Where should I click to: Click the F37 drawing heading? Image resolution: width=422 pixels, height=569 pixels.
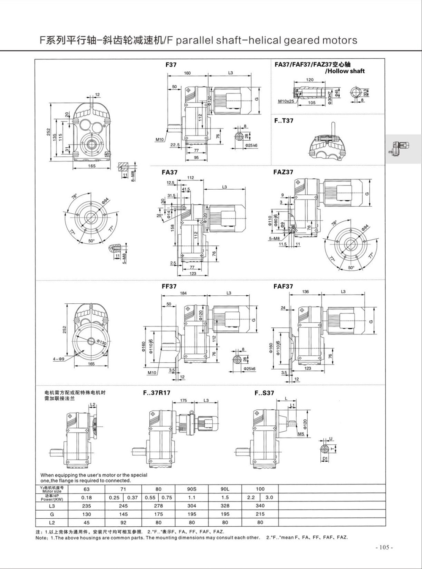pyautogui.click(x=170, y=65)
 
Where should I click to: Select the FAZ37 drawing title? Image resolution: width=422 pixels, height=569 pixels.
pyautogui.click(x=283, y=172)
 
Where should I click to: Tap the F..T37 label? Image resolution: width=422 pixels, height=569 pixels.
pyautogui.click(x=284, y=120)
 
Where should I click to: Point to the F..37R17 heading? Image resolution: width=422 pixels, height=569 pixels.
pyautogui.click(x=157, y=392)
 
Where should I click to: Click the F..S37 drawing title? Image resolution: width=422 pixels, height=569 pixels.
pyautogui.click(x=264, y=392)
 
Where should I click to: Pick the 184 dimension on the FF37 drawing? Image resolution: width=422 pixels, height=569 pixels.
pyautogui.click(x=183, y=293)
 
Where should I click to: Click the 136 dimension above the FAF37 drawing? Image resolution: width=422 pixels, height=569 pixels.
pyautogui.click(x=306, y=291)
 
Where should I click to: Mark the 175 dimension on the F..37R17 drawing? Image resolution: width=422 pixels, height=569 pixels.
pyautogui.click(x=184, y=400)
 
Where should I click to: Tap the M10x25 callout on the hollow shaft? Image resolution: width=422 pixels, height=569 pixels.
pyautogui.click(x=286, y=101)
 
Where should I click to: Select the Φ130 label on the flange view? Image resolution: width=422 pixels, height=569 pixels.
pyautogui.click(x=101, y=343)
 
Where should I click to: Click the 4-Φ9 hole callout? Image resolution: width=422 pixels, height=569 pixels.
pyautogui.click(x=58, y=359)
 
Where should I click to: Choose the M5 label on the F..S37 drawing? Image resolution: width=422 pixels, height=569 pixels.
pyautogui.click(x=300, y=434)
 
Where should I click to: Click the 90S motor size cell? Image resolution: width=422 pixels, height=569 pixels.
pyautogui.click(x=192, y=489)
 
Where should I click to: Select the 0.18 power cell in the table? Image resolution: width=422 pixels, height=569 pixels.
pyautogui.click(x=86, y=498)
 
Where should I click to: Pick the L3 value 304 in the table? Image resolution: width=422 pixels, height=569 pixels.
pyautogui.click(x=192, y=506)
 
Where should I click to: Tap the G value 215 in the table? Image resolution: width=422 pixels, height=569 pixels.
pyautogui.click(x=260, y=514)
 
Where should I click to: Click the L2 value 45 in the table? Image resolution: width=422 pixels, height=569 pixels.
pyautogui.click(x=86, y=522)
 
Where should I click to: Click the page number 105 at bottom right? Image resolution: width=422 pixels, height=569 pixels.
pyautogui.click(x=384, y=547)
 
